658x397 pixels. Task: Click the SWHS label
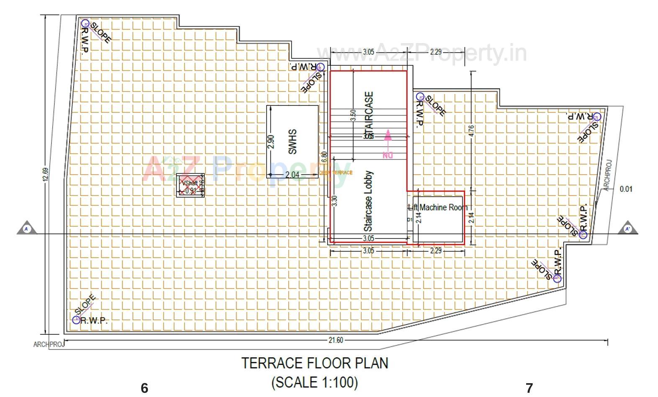[x=293, y=141]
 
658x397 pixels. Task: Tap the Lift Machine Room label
[x=438, y=207]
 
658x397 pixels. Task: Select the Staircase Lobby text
[x=368, y=201]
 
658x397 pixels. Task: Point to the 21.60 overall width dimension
[x=335, y=340]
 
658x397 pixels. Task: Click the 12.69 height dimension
[x=45, y=174]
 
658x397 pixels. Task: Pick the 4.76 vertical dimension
[x=472, y=131]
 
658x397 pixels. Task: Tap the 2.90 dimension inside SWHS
[x=270, y=141]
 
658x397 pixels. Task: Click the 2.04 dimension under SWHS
[x=292, y=175]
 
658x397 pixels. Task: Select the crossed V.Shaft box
[x=190, y=185]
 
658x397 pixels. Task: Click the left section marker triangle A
[x=27, y=228]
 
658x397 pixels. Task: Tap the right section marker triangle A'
[x=627, y=228]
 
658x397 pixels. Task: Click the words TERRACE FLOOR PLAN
[x=315, y=363]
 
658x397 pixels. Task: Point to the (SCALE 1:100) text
[x=315, y=382]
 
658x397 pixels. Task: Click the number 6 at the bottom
[x=144, y=388]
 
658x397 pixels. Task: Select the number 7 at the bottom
[x=529, y=388]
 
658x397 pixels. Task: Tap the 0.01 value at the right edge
[x=626, y=189]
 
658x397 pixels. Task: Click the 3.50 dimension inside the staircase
[x=353, y=115]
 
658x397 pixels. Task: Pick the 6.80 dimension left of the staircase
[x=324, y=157]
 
